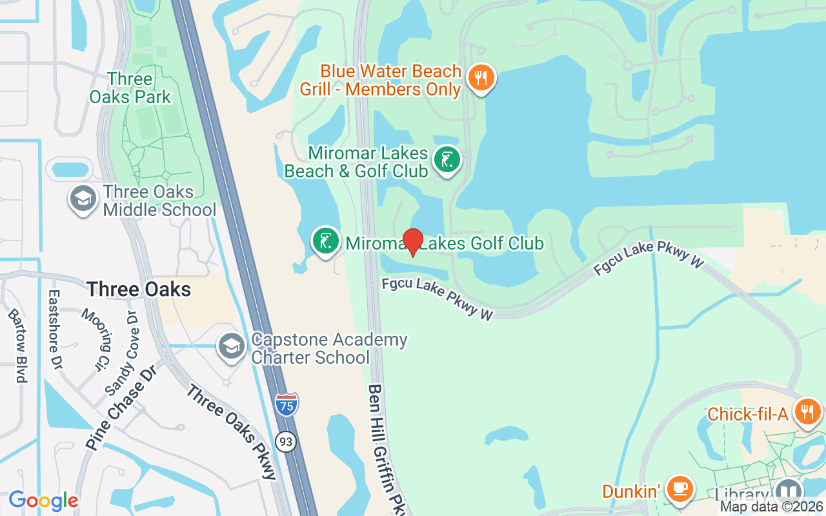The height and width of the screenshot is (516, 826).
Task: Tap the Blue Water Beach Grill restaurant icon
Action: [480, 78]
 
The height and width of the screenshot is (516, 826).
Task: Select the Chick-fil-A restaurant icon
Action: [807, 411]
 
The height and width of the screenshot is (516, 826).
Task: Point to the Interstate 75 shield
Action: [287, 404]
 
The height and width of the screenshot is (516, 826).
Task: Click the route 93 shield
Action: [285, 442]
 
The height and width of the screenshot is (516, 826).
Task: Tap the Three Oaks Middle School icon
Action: [83, 199]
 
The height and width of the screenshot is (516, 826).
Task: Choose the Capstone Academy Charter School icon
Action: [231, 346]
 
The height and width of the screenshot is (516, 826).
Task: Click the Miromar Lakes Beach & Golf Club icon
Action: [447, 160]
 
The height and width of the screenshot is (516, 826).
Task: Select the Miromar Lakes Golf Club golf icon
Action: [326, 241]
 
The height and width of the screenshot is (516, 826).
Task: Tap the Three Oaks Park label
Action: [130, 88]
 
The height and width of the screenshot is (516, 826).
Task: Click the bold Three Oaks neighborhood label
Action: [139, 289]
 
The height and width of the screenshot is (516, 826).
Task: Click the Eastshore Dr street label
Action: [54, 329]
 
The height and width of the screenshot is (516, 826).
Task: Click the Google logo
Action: [43, 501]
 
